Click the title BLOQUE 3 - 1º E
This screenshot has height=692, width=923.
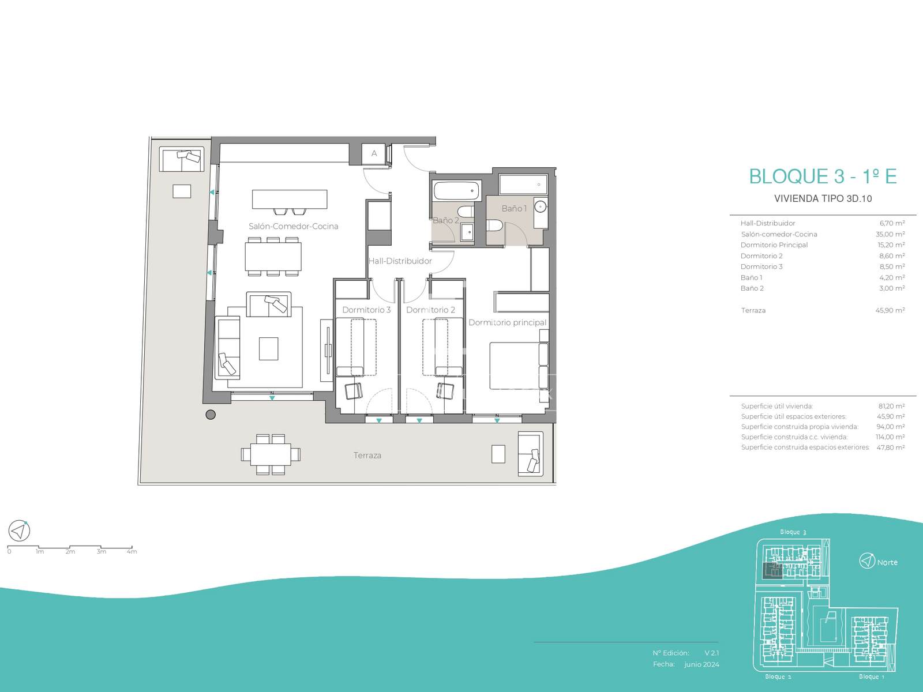click(x=823, y=176)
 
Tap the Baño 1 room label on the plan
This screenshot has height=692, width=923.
click(x=514, y=208)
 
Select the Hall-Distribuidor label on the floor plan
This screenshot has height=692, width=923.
click(x=400, y=261)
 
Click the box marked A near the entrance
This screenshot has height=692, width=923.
click(x=374, y=154)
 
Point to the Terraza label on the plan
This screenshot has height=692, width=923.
click(x=367, y=456)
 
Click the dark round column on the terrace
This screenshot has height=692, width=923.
click(x=211, y=415)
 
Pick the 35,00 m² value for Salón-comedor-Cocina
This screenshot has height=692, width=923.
click(x=890, y=234)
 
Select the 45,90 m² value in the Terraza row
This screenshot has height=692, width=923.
click(x=890, y=310)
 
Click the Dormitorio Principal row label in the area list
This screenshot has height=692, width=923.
click(x=774, y=245)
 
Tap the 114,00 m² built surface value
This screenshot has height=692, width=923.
click(x=890, y=437)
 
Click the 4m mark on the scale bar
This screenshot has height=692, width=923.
click(x=132, y=551)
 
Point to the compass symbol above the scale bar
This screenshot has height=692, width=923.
click(x=19, y=531)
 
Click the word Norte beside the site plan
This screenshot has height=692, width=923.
click(x=887, y=563)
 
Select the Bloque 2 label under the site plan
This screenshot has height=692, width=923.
click(x=778, y=676)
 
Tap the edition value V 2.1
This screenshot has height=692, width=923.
click(x=712, y=653)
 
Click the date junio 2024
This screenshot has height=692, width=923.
click(x=701, y=664)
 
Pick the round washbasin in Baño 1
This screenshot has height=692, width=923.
click(x=540, y=206)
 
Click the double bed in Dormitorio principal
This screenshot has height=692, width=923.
click(x=519, y=365)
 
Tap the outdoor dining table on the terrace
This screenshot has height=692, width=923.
click(x=271, y=454)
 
